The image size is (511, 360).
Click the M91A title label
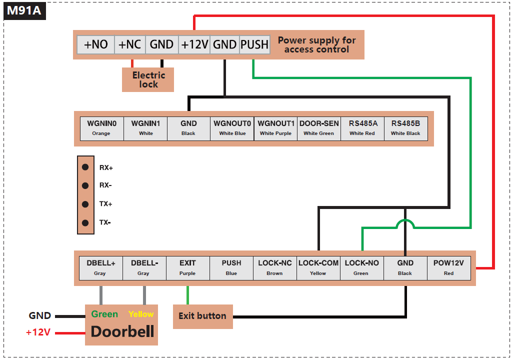(x=24, y=10)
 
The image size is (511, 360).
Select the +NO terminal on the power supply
(x=95, y=44)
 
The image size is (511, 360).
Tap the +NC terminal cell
(x=129, y=44)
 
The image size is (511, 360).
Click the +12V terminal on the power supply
(x=194, y=44)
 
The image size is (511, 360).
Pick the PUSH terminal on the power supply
(x=254, y=44)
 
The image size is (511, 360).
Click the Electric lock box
(x=148, y=80)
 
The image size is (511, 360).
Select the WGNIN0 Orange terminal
(x=101, y=128)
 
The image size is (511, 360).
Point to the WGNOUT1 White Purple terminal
(x=275, y=128)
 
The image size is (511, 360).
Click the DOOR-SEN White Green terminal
(x=318, y=128)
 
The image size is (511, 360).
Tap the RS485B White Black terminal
(x=405, y=128)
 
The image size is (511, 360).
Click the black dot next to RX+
(x=85, y=167)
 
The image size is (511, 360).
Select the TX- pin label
(x=105, y=222)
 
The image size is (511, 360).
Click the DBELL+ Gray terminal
(x=100, y=267)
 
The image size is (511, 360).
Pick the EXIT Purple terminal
(x=187, y=267)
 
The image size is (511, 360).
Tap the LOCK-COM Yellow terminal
(x=318, y=267)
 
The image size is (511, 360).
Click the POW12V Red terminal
(x=448, y=267)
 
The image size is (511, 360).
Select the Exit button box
(x=202, y=316)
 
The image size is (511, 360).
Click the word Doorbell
(x=122, y=331)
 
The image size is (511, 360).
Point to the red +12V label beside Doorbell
(x=38, y=332)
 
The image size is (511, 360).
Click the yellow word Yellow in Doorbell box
(x=140, y=314)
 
